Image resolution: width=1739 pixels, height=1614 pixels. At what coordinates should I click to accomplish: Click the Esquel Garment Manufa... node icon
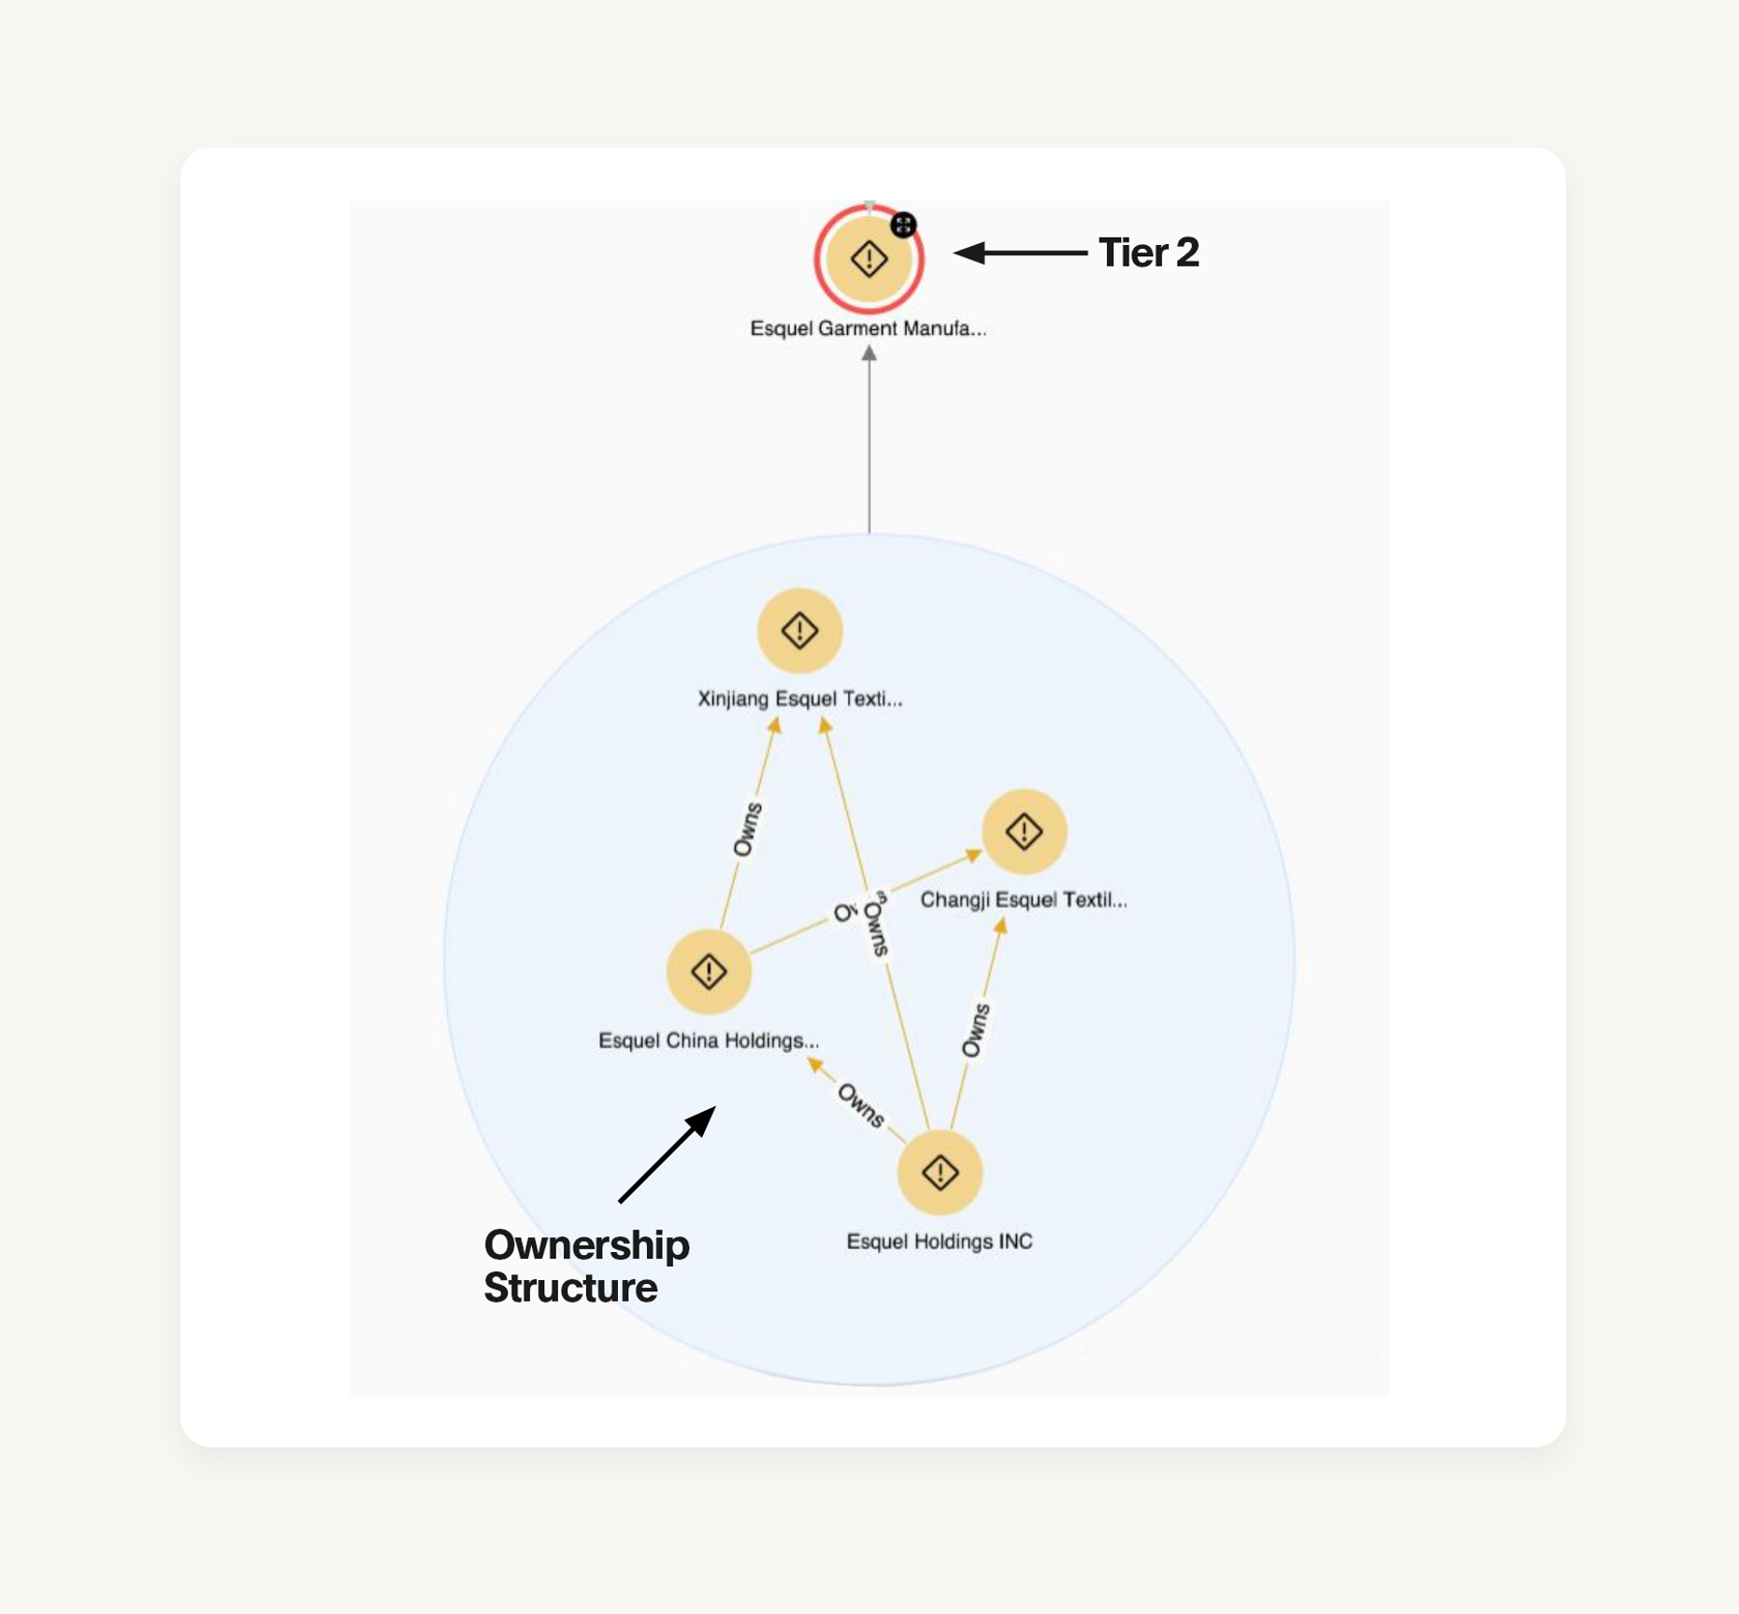point(869,259)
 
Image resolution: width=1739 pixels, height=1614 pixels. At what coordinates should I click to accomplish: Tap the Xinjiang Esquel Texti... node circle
point(799,630)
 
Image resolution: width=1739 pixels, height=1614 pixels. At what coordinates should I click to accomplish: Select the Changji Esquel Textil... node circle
point(1024,831)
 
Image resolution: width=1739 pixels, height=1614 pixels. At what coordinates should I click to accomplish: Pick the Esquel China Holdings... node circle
point(709,972)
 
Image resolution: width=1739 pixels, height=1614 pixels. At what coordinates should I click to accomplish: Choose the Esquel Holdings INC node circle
point(940,1173)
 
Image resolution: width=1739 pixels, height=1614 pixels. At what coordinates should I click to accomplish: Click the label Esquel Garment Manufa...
point(868,328)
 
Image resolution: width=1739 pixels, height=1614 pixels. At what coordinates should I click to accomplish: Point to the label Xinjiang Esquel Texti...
point(799,699)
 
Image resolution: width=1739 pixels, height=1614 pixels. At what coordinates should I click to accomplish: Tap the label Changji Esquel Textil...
point(1024,900)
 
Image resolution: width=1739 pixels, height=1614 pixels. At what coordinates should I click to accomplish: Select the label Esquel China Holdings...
point(709,1041)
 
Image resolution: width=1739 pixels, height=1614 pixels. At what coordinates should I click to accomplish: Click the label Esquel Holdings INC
point(940,1242)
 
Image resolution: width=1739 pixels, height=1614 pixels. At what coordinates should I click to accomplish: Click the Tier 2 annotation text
point(1148,252)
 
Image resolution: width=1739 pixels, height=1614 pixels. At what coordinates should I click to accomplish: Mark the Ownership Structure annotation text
point(586,1266)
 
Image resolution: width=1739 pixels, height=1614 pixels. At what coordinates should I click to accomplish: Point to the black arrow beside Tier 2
point(1019,252)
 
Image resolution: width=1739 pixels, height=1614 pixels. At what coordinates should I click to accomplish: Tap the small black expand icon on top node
point(903,224)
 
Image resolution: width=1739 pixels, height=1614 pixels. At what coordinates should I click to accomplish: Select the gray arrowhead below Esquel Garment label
point(869,353)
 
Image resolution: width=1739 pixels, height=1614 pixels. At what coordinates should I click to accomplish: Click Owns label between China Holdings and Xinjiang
point(747,829)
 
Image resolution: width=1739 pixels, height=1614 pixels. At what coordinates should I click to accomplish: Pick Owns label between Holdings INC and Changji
point(975,1030)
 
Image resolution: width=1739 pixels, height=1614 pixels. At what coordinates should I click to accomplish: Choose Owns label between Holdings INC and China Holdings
point(860,1104)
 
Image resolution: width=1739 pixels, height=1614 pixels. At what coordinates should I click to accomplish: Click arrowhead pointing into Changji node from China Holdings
point(972,855)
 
